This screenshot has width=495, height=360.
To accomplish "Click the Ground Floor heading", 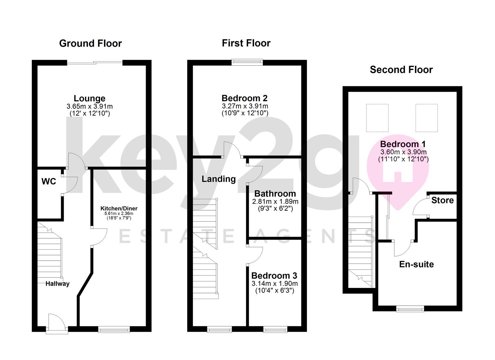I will pyautogui.click(x=90, y=43).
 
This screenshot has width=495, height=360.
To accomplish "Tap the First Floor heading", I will pyautogui.click(x=246, y=43).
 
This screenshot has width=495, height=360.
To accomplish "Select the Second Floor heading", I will pyautogui.click(x=401, y=70).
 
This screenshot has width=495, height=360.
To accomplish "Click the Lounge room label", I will pyautogui.click(x=89, y=98).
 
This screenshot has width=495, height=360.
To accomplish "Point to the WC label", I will pyautogui.click(x=49, y=181).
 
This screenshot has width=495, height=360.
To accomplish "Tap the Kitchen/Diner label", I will pyautogui.click(x=119, y=208).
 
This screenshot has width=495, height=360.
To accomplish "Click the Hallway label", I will pyautogui.click(x=57, y=284).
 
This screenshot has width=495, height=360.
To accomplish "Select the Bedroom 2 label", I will pyautogui.click(x=245, y=98).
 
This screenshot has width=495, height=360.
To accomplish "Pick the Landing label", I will pyautogui.click(x=218, y=179).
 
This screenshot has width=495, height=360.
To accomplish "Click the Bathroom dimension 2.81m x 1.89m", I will pyautogui.click(x=275, y=202).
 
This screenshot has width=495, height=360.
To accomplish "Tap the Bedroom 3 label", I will pyautogui.click(x=274, y=276).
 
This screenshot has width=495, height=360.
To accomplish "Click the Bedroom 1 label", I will pyautogui.click(x=403, y=144).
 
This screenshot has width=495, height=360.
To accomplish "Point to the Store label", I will pyautogui.click(x=442, y=200).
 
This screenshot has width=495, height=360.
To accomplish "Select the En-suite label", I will pyautogui.click(x=416, y=264).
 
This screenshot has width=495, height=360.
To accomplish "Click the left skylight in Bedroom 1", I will pyautogui.click(x=377, y=118).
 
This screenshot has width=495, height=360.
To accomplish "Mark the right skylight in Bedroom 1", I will pyautogui.click(x=426, y=118).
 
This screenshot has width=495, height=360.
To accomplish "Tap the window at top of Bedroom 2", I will pyautogui.click(x=247, y=62).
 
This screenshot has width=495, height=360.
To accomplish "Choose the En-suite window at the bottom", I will pyautogui.click(x=410, y=309).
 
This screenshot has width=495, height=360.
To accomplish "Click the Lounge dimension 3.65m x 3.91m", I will pyautogui.click(x=89, y=106).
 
